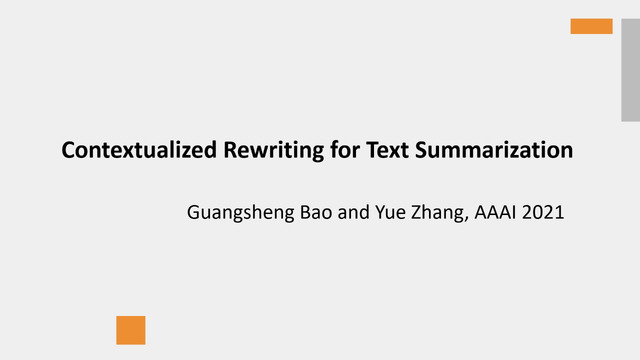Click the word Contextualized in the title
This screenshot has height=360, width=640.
(x=139, y=150)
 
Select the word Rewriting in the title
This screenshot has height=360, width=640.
(x=273, y=151)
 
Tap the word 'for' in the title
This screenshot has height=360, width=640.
(x=345, y=149)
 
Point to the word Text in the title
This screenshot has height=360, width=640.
(x=387, y=150)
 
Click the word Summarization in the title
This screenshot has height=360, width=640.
(x=494, y=150)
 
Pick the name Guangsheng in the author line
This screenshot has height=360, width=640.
(x=240, y=213)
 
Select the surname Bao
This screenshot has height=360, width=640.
(x=316, y=212)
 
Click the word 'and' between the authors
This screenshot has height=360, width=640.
(x=353, y=212)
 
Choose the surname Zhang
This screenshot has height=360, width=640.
(x=437, y=213)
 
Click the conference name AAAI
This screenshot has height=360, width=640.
(x=495, y=212)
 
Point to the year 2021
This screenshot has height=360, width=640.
(x=543, y=212)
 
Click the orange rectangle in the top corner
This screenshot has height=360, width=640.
(x=591, y=26)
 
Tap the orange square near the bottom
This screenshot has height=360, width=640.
(x=131, y=330)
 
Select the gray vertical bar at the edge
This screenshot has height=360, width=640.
(x=631, y=70)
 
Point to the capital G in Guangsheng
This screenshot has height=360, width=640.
(x=193, y=212)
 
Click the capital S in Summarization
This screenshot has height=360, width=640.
(x=422, y=150)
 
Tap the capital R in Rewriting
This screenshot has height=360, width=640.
(x=231, y=150)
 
